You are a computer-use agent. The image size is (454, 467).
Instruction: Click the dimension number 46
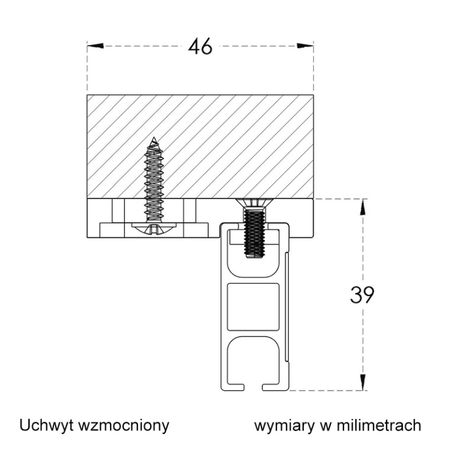point(200,46)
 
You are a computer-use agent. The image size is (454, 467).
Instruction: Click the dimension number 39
point(362,295)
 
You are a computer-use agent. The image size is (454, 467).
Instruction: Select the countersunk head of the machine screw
point(254,205)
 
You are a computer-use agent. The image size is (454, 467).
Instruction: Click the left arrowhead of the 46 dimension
point(95,46)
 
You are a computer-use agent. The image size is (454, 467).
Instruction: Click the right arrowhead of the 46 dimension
point(305,46)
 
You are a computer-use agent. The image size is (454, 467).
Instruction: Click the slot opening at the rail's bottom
point(254,388)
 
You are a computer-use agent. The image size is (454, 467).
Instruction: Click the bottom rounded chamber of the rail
point(253,358)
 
